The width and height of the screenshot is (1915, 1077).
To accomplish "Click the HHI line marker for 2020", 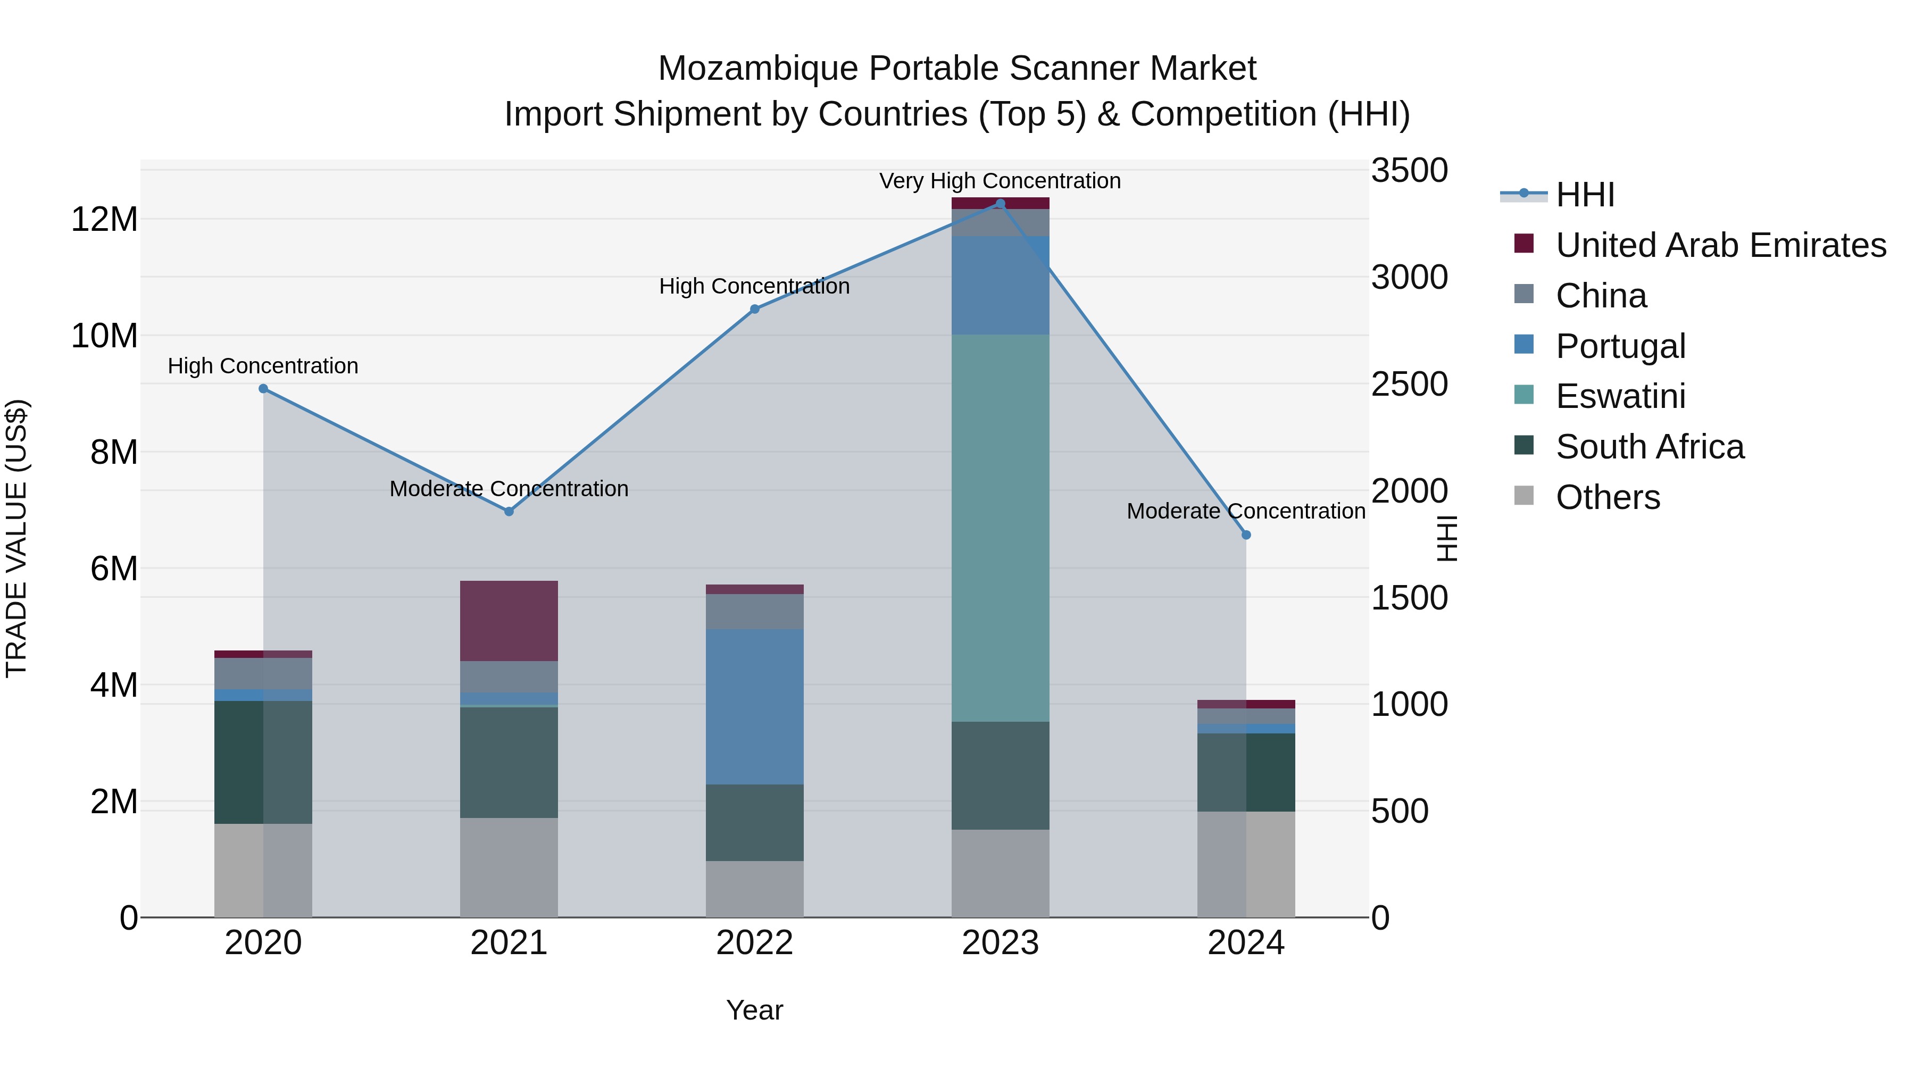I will [263, 389].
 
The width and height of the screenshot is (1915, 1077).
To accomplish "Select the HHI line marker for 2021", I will [509, 511].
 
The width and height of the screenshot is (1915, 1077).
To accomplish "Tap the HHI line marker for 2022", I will [754, 309].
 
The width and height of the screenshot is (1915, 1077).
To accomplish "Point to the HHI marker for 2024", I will [1247, 535].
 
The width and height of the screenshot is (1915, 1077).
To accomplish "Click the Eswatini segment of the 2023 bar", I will [1001, 528].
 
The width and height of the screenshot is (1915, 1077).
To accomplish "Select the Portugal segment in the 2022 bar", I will [754, 706].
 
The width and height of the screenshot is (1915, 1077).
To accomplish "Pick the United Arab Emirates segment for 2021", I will [509, 621].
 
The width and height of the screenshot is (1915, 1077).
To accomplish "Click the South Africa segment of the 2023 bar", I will [1001, 775].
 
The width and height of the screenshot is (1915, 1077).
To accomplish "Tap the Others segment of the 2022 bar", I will [754, 889].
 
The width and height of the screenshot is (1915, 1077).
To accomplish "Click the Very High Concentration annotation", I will [1000, 181].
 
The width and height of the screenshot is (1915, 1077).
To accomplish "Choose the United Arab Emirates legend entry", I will [1720, 245].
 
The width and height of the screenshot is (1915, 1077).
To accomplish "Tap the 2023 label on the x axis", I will [1001, 943].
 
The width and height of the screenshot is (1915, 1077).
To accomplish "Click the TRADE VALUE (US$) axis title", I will [16, 538].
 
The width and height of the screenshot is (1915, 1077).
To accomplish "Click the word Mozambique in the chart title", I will [757, 69].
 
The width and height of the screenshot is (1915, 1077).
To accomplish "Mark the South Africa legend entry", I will [1649, 447].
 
